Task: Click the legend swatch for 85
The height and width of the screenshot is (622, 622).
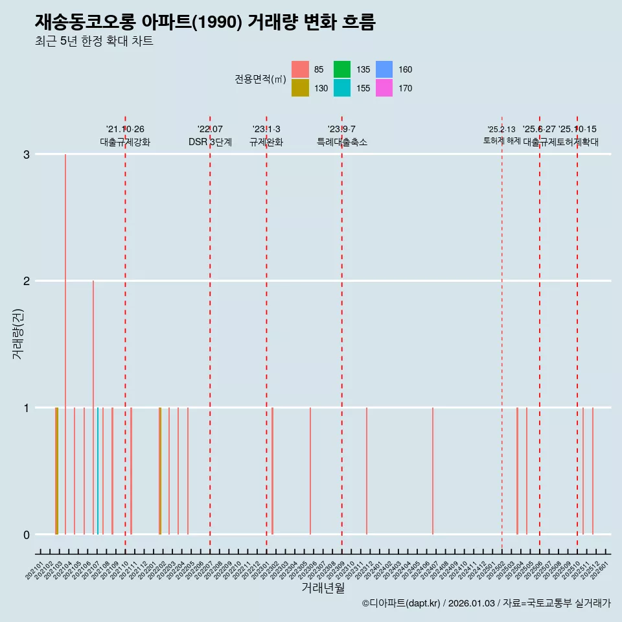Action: pos(300,69)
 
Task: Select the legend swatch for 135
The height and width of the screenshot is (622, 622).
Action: pos(342,69)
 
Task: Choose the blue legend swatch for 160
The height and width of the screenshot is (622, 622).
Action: pos(384,69)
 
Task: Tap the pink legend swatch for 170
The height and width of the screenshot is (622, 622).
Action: pos(384,88)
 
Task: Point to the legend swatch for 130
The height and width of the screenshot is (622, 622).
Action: pos(300,88)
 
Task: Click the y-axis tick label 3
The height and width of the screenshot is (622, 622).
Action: pos(27,154)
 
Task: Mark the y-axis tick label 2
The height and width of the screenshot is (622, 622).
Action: pos(27,281)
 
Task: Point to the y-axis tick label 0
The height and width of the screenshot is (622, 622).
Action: pos(27,535)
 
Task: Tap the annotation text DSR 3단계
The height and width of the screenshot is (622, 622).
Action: pos(210,142)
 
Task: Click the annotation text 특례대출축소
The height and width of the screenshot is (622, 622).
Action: pos(341,142)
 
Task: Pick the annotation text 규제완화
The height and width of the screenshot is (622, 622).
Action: pos(266,142)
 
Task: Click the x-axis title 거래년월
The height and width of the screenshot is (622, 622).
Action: pos(323,588)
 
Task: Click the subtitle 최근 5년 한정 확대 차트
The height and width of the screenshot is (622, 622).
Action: pos(94,41)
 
